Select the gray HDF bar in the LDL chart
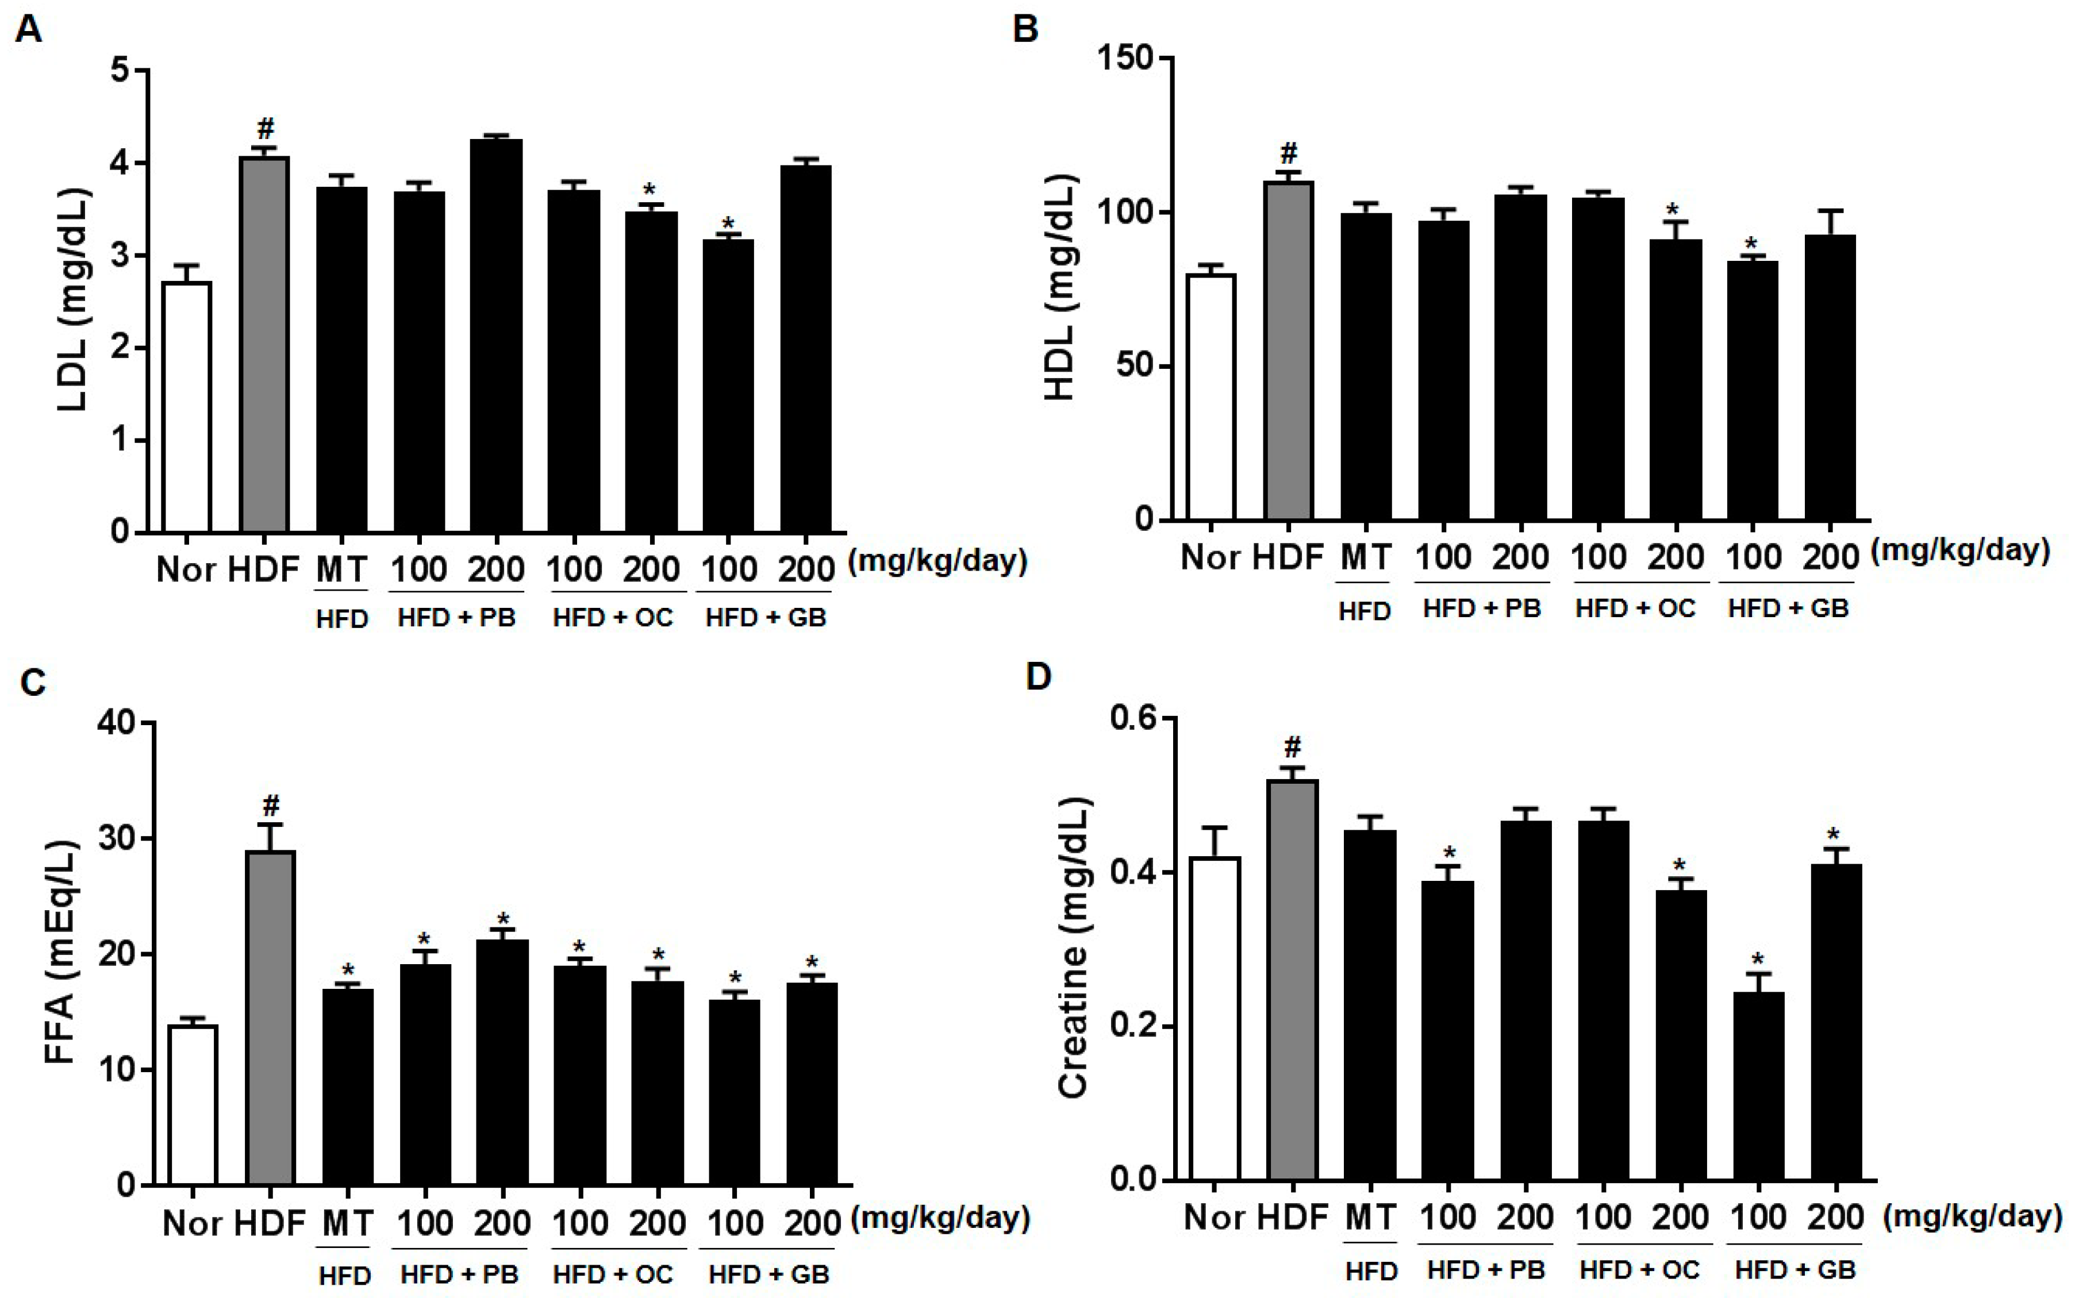(264, 344)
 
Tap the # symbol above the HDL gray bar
(1289, 155)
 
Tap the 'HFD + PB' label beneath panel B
(1482, 608)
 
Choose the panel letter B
(1026, 29)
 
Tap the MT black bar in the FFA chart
(348, 1086)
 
